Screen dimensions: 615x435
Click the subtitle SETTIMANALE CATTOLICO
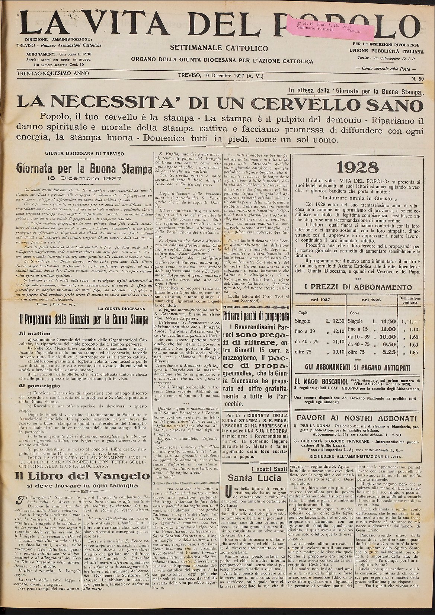219,48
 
